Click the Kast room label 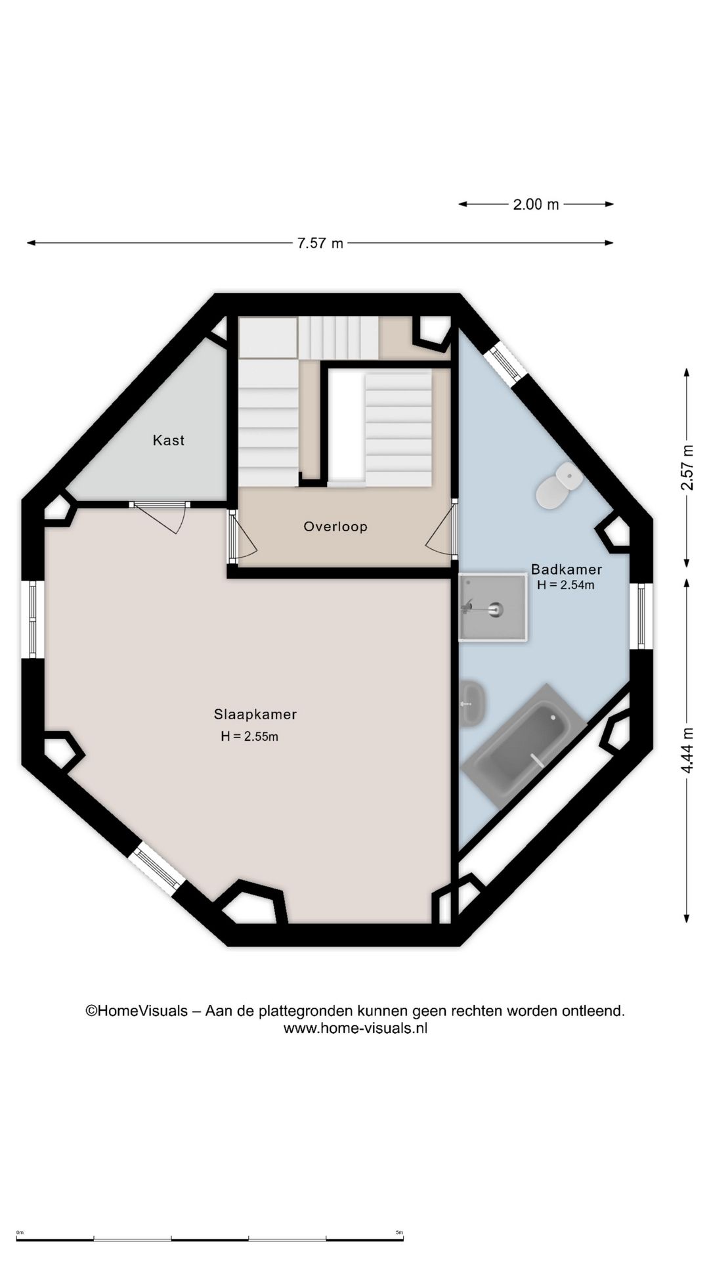(x=169, y=440)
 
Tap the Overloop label (x=335, y=526)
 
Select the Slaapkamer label (x=255, y=714)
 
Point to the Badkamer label (x=567, y=569)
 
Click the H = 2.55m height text (x=249, y=737)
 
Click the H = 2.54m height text (x=566, y=585)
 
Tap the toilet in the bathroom (x=559, y=485)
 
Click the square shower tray (x=493, y=607)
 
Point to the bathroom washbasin (x=472, y=703)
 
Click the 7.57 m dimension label (x=320, y=243)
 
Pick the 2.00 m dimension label (x=536, y=204)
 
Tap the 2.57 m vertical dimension (x=687, y=468)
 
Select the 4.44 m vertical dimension (x=687, y=749)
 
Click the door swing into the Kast (x=160, y=518)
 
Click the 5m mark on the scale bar (x=400, y=1233)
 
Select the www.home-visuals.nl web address (x=355, y=1029)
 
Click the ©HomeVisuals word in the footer (x=137, y=1011)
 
